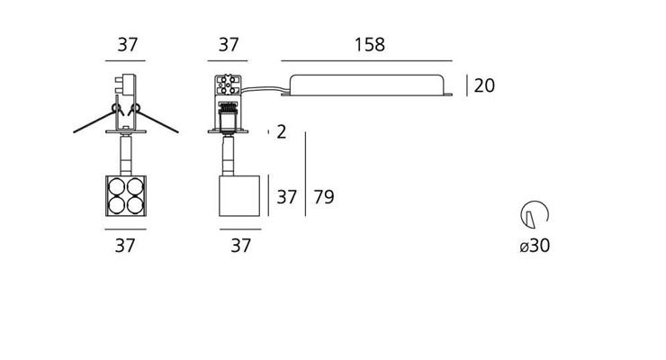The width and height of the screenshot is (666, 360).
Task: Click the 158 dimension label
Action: click(370, 45)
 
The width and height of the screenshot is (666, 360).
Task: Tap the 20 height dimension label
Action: click(484, 85)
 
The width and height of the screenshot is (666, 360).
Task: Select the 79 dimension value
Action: click(324, 197)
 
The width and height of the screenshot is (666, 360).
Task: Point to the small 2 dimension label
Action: click(281, 132)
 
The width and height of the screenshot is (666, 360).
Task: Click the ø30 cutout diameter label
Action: click(535, 246)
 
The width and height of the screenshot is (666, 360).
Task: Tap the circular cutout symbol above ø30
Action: click(535, 214)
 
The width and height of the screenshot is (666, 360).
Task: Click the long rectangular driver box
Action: click(366, 85)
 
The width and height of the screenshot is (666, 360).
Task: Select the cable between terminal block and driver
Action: click(265, 90)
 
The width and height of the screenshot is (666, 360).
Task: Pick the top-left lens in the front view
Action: click(116, 186)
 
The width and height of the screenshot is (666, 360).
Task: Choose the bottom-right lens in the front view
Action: click(136, 205)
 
